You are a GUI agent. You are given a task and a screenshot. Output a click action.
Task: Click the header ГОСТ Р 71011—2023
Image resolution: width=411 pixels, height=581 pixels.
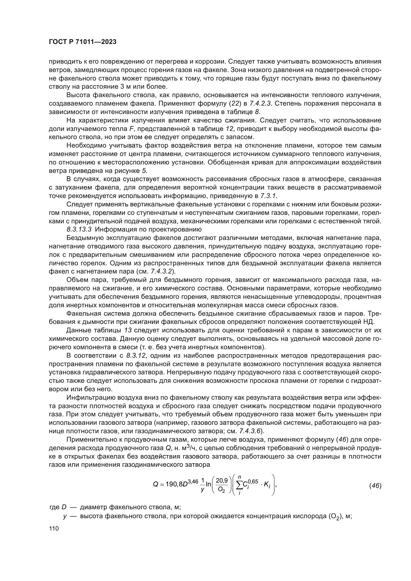click(82, 42)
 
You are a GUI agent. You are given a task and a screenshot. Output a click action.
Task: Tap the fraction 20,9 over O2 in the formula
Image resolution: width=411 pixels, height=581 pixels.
click(221, 485)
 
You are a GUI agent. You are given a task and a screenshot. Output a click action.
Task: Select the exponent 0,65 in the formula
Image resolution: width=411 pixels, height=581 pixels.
click(252, 481)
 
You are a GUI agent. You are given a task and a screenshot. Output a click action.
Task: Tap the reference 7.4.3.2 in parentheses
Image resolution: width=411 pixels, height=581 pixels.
click(161, 271)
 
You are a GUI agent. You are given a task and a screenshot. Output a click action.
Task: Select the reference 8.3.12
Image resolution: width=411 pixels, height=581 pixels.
click(136, 355)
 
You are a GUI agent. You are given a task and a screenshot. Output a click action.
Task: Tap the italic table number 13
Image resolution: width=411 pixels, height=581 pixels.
click(127, 330)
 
